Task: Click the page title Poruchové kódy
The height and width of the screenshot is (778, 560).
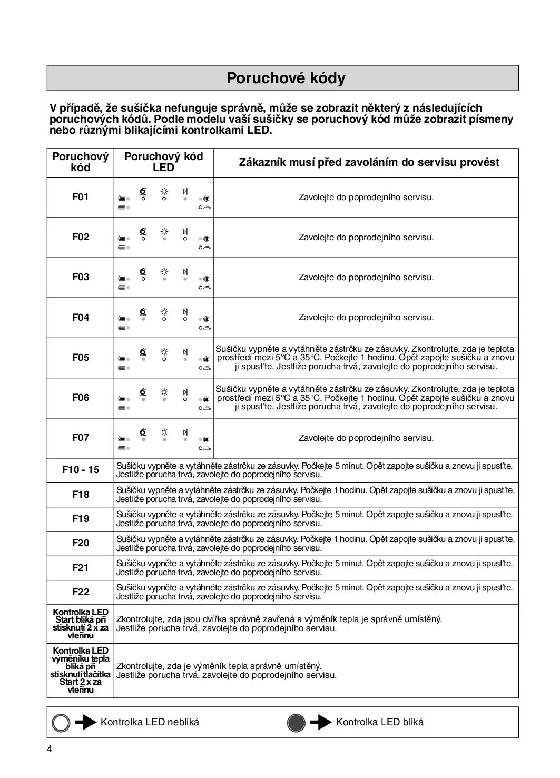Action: [x=286, y=78]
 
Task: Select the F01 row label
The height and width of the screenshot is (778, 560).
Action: [x=81, y=197]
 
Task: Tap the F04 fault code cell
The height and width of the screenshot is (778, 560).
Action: [x=81, y=317]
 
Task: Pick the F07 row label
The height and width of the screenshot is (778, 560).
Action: [x=81, y=437]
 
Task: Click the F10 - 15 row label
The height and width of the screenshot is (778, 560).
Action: [x=81, y=469]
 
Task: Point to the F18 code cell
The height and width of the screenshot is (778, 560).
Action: [x=81, y=494]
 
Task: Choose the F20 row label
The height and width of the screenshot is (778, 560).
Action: [x=81, y=543]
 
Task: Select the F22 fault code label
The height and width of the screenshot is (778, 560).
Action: [x=81, y=592]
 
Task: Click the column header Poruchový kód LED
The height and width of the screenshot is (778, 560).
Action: [x=163, y=162]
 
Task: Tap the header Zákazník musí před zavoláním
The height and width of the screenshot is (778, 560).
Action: [x=369, y=162]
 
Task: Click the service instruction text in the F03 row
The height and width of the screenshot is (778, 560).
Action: [x=366, y=277]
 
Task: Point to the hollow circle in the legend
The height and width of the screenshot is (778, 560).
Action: [x=61, y=723]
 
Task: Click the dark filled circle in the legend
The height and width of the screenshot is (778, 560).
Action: [x=297, y=723]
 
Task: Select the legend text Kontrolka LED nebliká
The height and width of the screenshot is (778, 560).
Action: [x=150, y=722]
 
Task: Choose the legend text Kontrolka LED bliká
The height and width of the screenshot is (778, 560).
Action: [x=379, y=722]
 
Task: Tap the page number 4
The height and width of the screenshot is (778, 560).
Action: [x=50, y=750]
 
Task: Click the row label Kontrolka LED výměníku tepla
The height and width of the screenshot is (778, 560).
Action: [x=81, y=670]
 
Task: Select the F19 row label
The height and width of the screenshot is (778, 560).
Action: [x=81, y=518]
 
